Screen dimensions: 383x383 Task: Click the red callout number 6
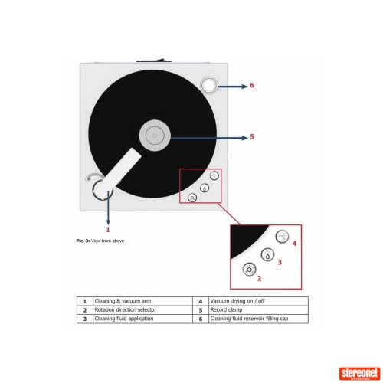tap(252, 85)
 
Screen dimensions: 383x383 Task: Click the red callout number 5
tap(252, 136)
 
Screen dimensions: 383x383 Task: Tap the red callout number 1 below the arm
tap(108, 229)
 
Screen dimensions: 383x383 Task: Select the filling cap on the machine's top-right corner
tap(209, 85)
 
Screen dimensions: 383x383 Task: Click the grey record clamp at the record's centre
tap(155, 136)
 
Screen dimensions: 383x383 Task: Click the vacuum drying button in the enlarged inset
tap(282, 236)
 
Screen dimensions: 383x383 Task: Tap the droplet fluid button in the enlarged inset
tap(267, 255)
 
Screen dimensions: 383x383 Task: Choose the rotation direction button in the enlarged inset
tap(249, 270)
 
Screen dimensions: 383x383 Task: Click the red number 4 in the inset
tap(294, 244)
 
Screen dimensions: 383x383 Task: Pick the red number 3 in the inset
tap(280, 262)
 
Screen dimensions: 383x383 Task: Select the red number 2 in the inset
tap(259, 278)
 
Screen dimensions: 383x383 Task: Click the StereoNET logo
tap(359, 374)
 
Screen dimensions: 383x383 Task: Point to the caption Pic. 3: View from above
tap(100, 241)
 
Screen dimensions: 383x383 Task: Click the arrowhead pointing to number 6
tap(244, 87)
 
